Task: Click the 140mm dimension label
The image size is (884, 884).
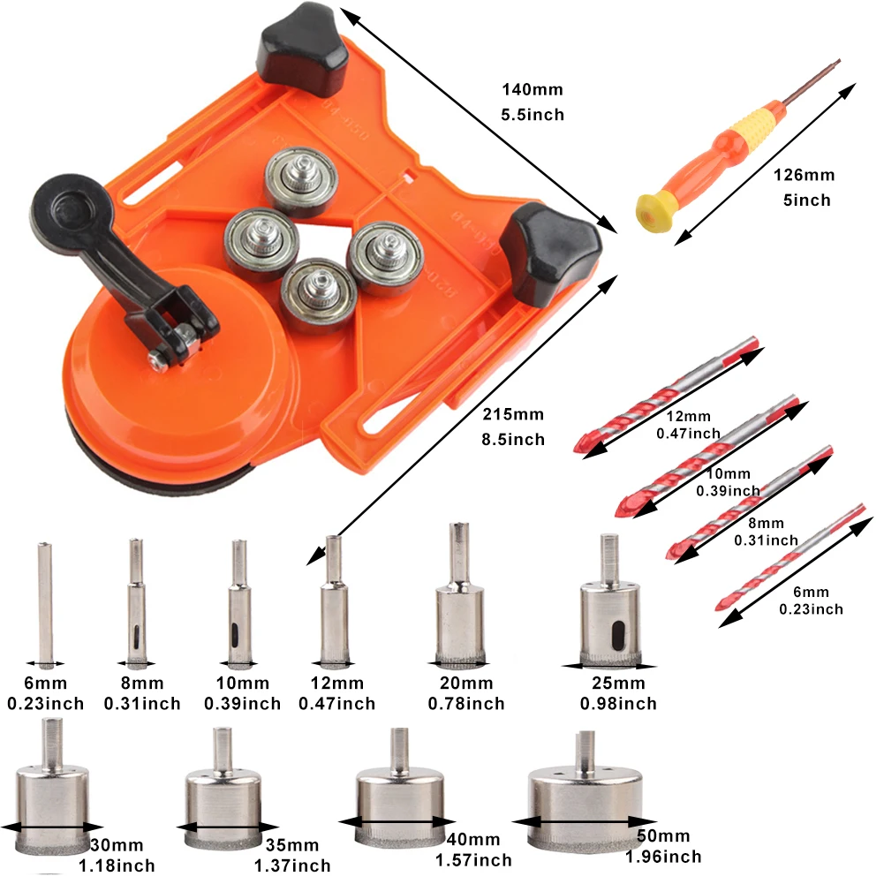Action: pyautogui.click(x=533, y=90)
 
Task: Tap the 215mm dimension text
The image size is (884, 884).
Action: pyautogui.click(x=513, y=414)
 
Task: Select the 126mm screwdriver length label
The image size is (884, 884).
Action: pyautogui.click(x=804, y=175)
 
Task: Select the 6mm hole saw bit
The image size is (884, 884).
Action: pyautogui.click(x=45, y=603)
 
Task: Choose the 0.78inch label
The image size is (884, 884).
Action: pyautogui.click(x=466, y=704)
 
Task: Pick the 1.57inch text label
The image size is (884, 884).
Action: pyautogui.click(x=473, y=860)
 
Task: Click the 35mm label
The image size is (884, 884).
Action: pyautogui.click(x=292, y=845)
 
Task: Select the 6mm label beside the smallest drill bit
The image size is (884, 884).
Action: pyautogui.click(x=811, y=592)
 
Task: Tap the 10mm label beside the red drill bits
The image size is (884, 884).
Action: pyautogui.click(x=728, y=473)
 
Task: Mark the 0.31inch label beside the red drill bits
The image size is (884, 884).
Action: pyautogui.click(x=766, y=540)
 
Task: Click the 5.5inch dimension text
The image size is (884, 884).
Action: pyautogui.click(x=533, y=115)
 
